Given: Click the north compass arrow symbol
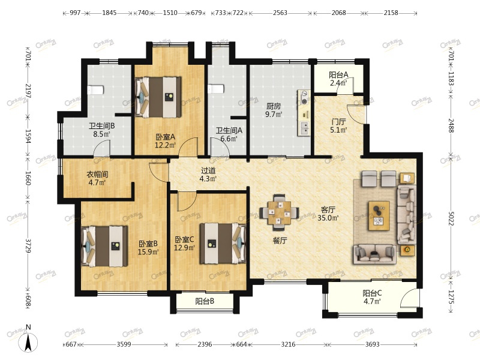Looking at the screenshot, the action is [28, 341].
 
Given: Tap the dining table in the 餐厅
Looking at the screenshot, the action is [279, 212].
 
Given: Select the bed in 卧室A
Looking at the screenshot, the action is [158, 97].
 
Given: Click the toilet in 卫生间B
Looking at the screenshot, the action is [96, 90].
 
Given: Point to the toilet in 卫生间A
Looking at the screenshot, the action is [216, 89].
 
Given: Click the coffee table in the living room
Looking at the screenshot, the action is [379, 215].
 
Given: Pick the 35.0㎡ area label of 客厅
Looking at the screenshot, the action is [328, 218].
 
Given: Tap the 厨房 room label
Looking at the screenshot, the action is [273, 106].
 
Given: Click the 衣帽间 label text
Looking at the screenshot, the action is [97, 175].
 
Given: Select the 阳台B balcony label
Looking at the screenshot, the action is [205, 302].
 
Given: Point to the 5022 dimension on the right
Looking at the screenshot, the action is [451, 218].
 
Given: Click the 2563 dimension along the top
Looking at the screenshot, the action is [280, 13].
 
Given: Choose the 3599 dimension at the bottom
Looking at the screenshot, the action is [124, 344].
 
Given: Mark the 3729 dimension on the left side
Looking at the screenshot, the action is [28, 245].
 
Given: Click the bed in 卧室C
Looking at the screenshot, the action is [223, 244].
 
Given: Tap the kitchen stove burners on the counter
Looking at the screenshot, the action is [304, 97].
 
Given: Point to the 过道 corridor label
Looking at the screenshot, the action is [208, 170].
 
